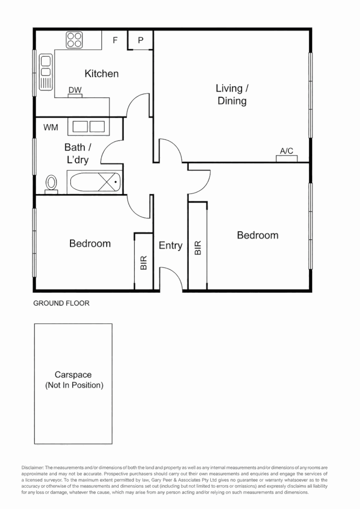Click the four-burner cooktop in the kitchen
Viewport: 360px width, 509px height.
click(x=74, y=40)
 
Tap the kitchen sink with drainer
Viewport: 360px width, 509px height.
click(x=46, y=72)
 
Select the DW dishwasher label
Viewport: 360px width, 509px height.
click(x=75, y=90)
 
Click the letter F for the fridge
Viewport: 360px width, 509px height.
click(x=115, y=40)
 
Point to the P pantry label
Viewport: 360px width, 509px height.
click(x=140, y=40)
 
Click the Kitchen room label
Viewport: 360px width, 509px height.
click(x=102, y=74)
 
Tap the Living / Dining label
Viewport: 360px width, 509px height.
click(x=232, y=95)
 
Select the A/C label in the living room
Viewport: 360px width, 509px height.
click(x=287, y=151)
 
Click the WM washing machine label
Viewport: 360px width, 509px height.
click(x=51, y=127)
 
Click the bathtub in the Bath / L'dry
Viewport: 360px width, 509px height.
click(x=96, y=182)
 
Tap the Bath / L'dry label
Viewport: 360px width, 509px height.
click(x=78, y=153)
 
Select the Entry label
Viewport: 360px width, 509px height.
click(x=170, y=246)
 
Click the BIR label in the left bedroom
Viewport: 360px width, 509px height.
click(x=144, y=262)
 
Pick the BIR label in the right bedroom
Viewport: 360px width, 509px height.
click(x=198, y=248)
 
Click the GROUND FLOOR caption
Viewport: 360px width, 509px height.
click(x=61, y=303)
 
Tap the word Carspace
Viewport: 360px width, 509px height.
click(x=73, y=374)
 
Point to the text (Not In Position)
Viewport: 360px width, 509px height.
click(x=74, y=385)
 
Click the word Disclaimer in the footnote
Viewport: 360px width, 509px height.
click(x=32, y=468)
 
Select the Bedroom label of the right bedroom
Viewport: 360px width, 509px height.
click(x=258, y=235)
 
